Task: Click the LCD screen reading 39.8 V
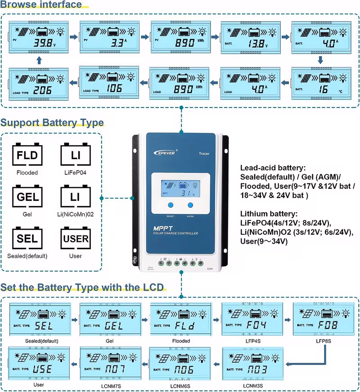coord(38,37)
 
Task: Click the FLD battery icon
coord(27,156)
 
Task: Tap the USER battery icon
coord(76,238)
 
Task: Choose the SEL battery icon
coord(27,238)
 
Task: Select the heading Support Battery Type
coord(52,123)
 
